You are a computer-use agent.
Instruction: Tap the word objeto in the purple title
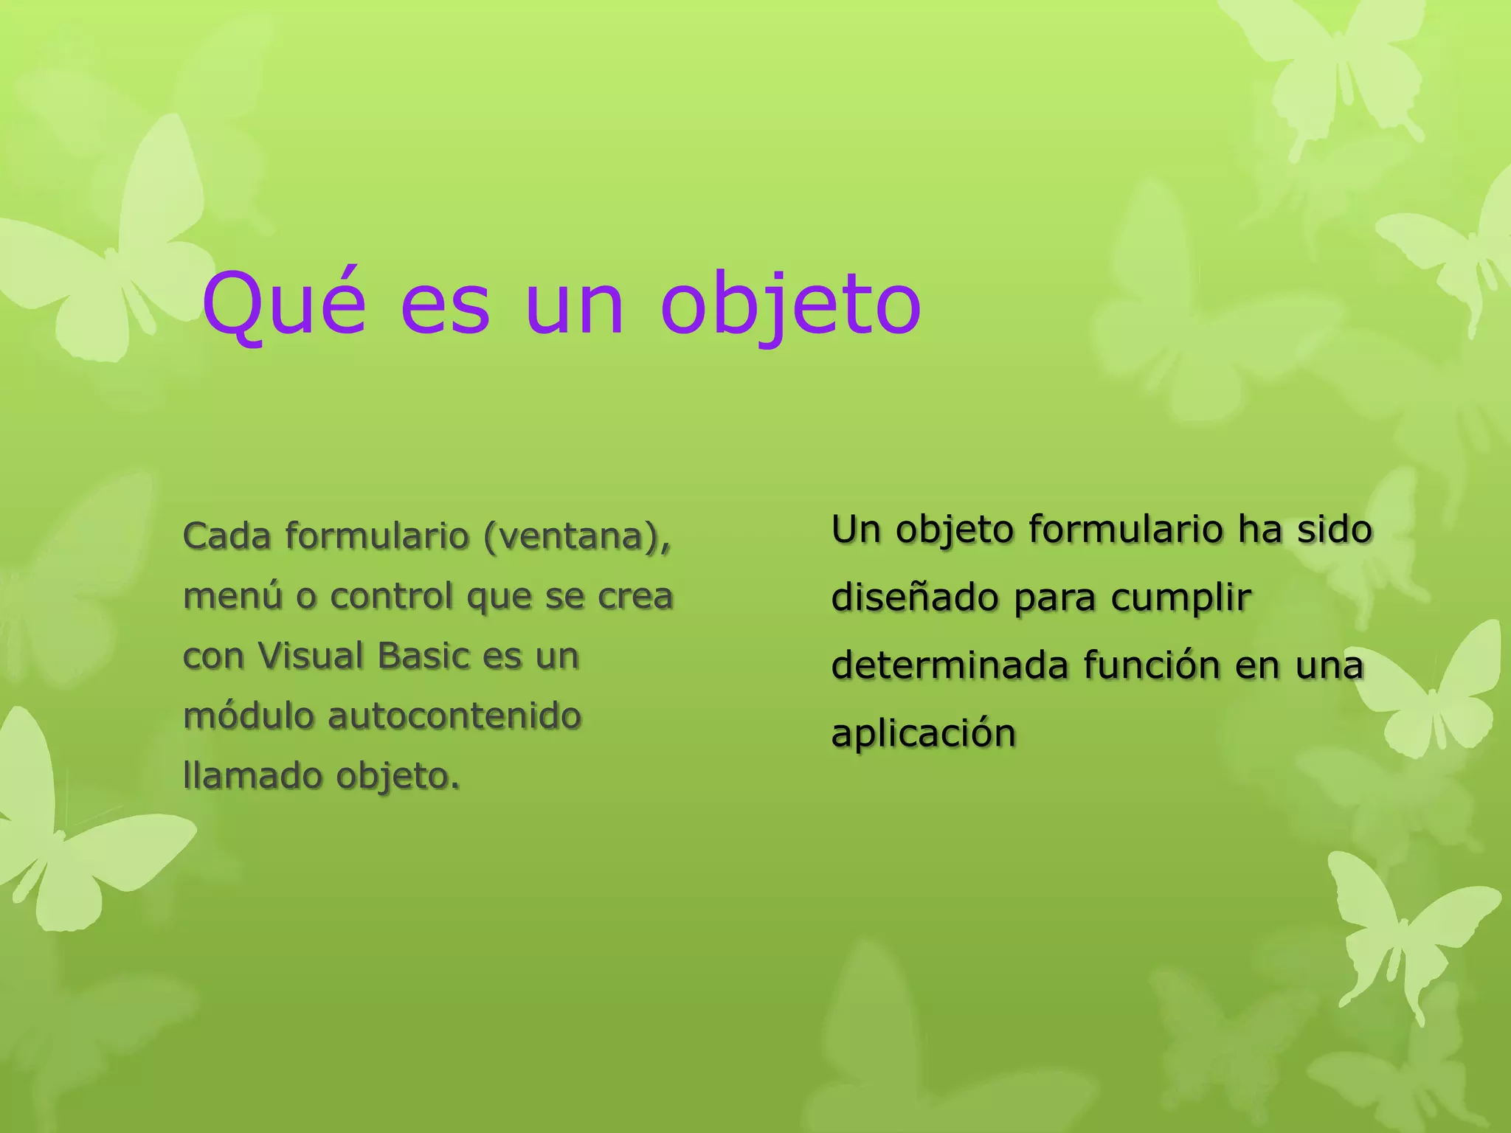790,304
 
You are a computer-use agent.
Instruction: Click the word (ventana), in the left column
577,537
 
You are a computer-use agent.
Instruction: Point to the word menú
232,596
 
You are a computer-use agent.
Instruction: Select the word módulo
249,716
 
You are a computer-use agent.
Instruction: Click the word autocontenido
454,716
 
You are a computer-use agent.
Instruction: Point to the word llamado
253,776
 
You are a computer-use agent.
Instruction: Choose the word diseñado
916,597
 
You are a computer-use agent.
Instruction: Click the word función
1152,665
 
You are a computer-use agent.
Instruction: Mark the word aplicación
924,734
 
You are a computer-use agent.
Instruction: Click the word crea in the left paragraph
635,596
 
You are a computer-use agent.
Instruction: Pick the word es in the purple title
445,304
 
